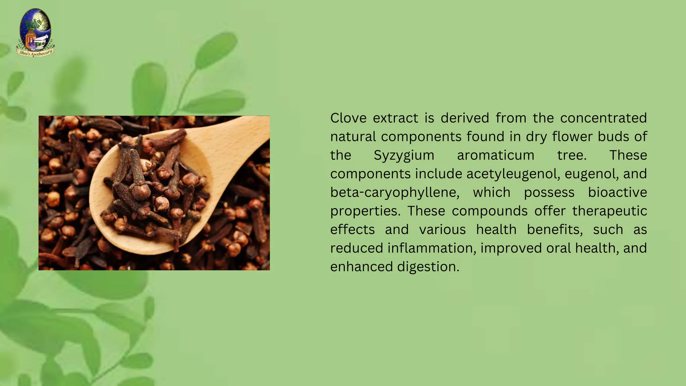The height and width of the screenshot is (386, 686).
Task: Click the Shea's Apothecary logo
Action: coord(36,33)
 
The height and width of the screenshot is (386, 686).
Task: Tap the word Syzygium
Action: coord(404,155)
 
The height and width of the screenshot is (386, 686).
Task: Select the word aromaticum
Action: coord(495,155)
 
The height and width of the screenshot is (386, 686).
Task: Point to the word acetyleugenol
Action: coord(513,174)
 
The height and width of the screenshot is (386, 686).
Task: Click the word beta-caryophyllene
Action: coord(395,193)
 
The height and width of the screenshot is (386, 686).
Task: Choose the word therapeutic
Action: coord(609,211)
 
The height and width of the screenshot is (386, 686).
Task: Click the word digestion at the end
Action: coord(428,267)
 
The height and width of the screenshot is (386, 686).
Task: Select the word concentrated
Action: coord(603,118)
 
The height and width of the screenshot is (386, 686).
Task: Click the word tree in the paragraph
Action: coord(571,155)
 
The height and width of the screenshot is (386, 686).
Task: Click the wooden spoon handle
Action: coord(248,134)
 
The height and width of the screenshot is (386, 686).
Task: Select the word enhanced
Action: coord(361,267)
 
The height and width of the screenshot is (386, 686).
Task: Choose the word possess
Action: coord(549,193)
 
